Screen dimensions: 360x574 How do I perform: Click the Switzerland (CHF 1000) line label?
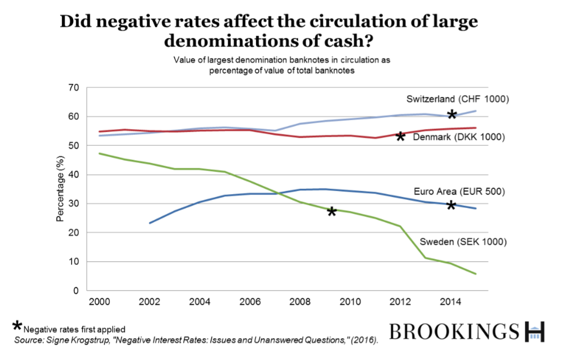458,99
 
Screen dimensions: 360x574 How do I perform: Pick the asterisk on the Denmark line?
400,137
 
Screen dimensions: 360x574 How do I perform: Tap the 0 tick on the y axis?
76,291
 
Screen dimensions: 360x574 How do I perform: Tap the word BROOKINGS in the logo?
454,331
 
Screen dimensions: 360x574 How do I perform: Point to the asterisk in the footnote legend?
17,326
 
